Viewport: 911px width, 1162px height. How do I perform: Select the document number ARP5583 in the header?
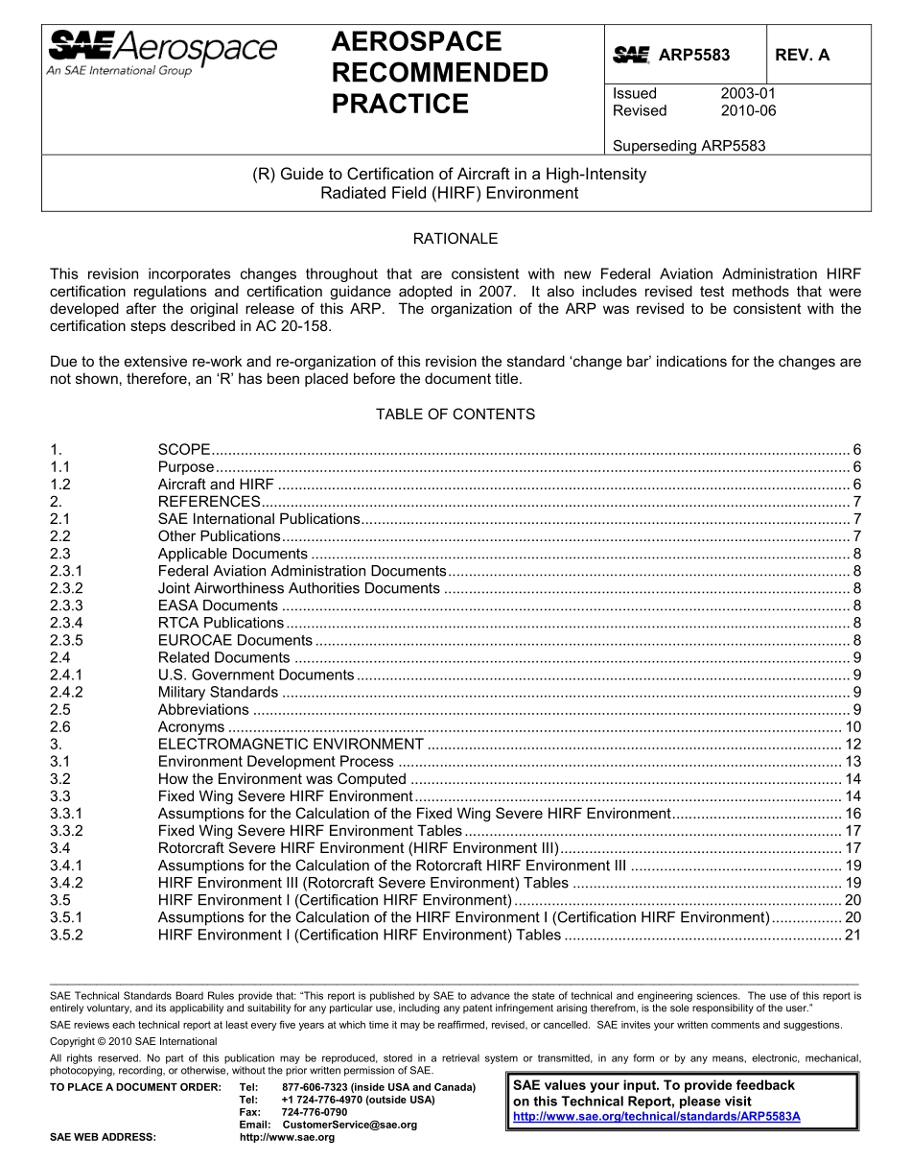[693, 56]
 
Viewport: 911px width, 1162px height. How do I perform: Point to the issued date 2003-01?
[747, 94]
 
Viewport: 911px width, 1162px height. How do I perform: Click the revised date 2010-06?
[747, 110]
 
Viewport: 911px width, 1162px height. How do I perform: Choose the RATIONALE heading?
[455, 239]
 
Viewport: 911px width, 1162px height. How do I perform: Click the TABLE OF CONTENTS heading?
[455, 415]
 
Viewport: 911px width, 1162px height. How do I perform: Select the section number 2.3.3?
[66, 605]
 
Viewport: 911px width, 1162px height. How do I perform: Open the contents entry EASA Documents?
[218, 605]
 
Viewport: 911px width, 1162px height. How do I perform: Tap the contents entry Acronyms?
[191, 726]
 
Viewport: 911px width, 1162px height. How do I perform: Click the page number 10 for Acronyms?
[853, 726]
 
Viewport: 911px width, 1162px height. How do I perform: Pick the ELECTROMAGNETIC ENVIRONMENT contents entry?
[291, 744]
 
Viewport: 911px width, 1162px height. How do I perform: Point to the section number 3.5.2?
[66, 935]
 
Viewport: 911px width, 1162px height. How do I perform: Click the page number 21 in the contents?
[853, 935]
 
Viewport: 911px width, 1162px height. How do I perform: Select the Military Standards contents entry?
[218, 692]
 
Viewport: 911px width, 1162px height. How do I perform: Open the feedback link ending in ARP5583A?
[657, 1117]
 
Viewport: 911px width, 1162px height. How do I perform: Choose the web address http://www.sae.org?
[287, 1137]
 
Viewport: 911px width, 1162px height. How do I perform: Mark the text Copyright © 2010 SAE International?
[133, 1041]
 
